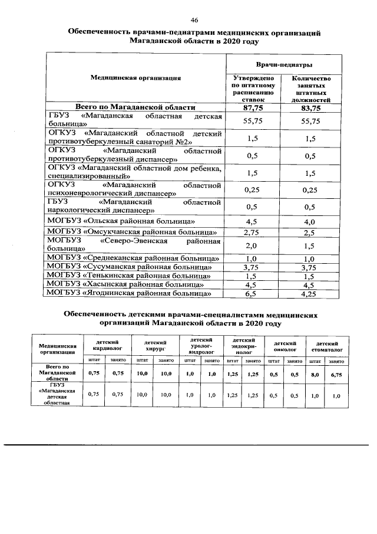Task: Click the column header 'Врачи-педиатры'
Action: [x=283, y=64]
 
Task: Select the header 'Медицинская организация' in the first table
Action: [x=135, y=77]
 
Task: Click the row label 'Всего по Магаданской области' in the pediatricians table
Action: [x=135, y=107]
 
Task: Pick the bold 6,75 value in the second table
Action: [x=336, y=374]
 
